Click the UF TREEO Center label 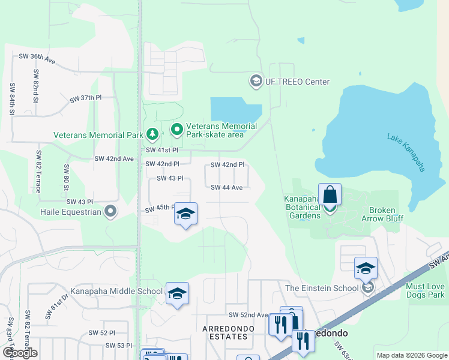(x=298, y=82)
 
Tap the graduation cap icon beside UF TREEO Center (x=256, y=80)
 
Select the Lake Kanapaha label (x=406, y=153)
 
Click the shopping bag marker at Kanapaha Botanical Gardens (x=330, y=195)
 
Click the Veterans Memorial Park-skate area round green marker (x=176, y=130)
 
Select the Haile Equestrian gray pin (x=110, y=211)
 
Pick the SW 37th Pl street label (x=86, y=98)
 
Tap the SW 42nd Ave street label (x=113, y=158)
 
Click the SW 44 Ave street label (x=226, y=187)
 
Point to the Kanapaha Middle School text (x=116, y=292)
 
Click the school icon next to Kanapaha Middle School (x=177, y=293)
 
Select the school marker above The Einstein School (x=366, y=269)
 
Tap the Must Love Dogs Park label (x=425, y=291)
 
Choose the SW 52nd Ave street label (x=248, y=315)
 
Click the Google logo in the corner (x=20, y=353)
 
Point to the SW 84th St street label (x=11, y=98)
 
